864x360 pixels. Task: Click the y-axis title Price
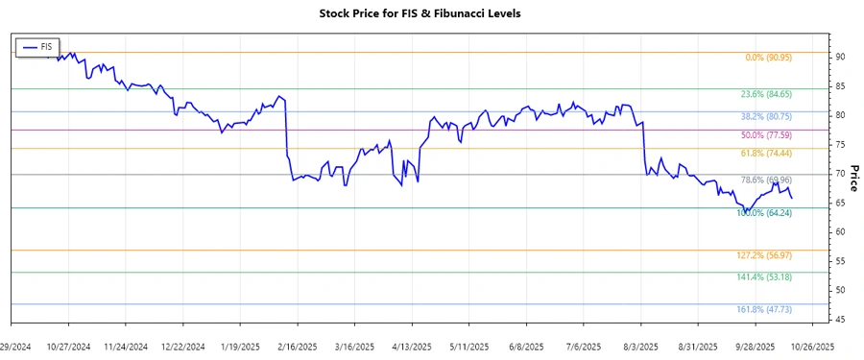(852, 177)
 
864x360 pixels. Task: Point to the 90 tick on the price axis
(839, 58)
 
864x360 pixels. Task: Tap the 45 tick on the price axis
(839, 320)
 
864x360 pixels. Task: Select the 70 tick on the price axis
(839, 174)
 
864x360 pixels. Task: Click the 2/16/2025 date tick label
(297, 346)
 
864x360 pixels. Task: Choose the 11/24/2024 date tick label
(125, 346)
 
